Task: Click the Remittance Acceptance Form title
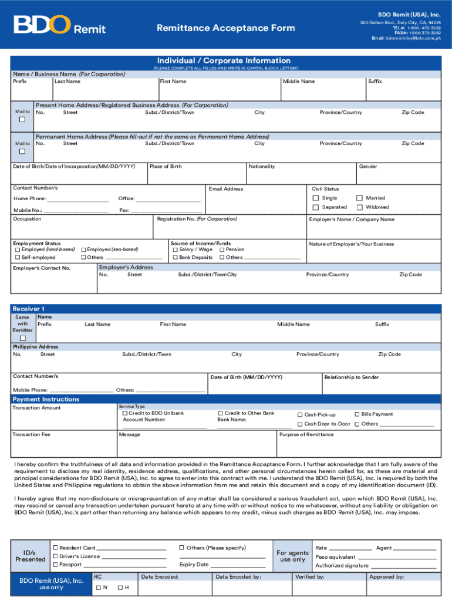click(225, 28)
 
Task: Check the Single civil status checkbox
click(316, 198)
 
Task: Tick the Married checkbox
click(360, 198)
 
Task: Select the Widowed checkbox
click(360, 207)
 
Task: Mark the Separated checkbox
click(316, 207)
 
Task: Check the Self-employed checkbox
click(17, 258)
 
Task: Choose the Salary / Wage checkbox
click(175, 249)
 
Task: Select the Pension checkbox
click(222, 249)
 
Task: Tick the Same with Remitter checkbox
click(23, 338)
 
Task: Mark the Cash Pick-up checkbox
click(300, 415)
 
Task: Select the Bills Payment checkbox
click(357, 414)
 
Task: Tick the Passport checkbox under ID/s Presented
click(55, 565)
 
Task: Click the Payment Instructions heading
click(46, 399)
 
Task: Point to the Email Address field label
click(225, 189)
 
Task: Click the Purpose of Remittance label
click(306, 434)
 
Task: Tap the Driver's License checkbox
click(55, 556)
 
